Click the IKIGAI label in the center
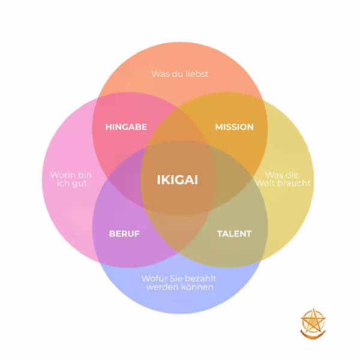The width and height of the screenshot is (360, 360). (x=178, y=180)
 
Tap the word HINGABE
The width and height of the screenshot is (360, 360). (x=126, y=127)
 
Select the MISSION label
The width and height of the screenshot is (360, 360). (x=234, y=127)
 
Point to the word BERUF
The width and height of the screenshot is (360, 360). (x=124, y=234)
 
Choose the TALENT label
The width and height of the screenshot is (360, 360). (x=235, y=234)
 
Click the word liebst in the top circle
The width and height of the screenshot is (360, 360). (x=197, y=74)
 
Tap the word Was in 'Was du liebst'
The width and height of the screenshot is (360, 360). (x=160, y=74)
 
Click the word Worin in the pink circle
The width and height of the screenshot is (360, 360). (x=62, y=175)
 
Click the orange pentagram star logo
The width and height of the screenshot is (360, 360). (x=313, y=324)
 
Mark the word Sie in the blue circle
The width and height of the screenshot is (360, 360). (x=176, y=278)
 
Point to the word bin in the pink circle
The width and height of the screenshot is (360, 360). (x=84, y=175)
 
